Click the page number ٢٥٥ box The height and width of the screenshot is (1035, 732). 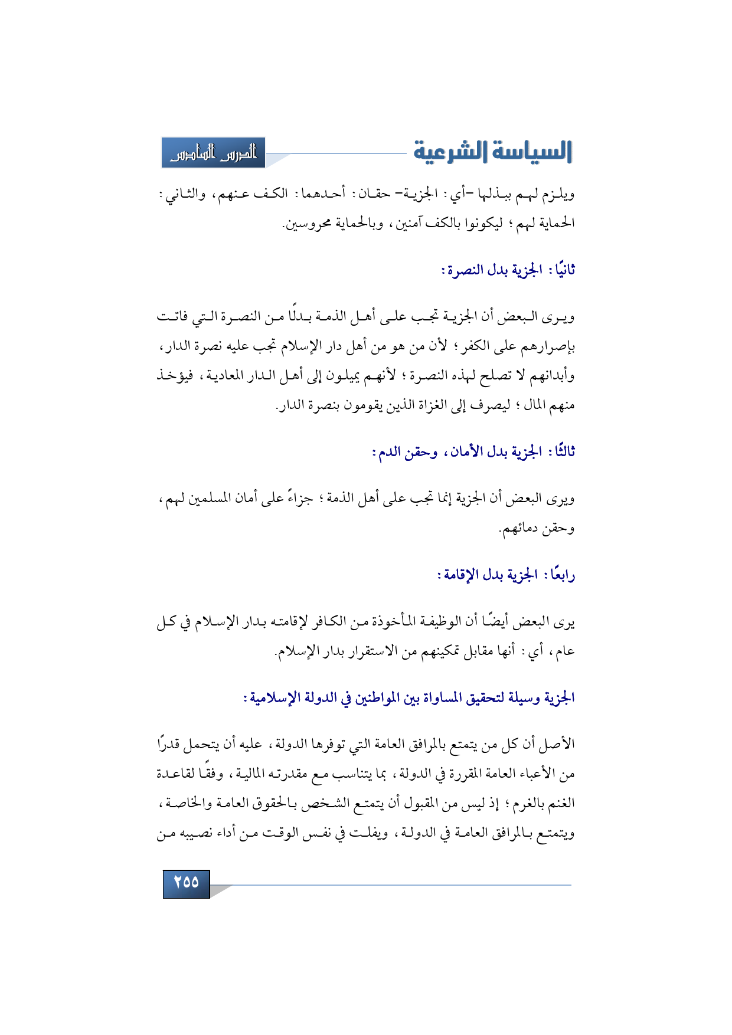[186, 883]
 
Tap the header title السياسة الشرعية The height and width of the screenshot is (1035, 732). [492, 152]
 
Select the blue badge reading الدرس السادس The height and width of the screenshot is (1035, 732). [213, 153]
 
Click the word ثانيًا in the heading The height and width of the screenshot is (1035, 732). [561, 270]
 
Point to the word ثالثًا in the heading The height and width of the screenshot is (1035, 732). [561, 453]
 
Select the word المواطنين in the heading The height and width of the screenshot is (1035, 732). [378, 698]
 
